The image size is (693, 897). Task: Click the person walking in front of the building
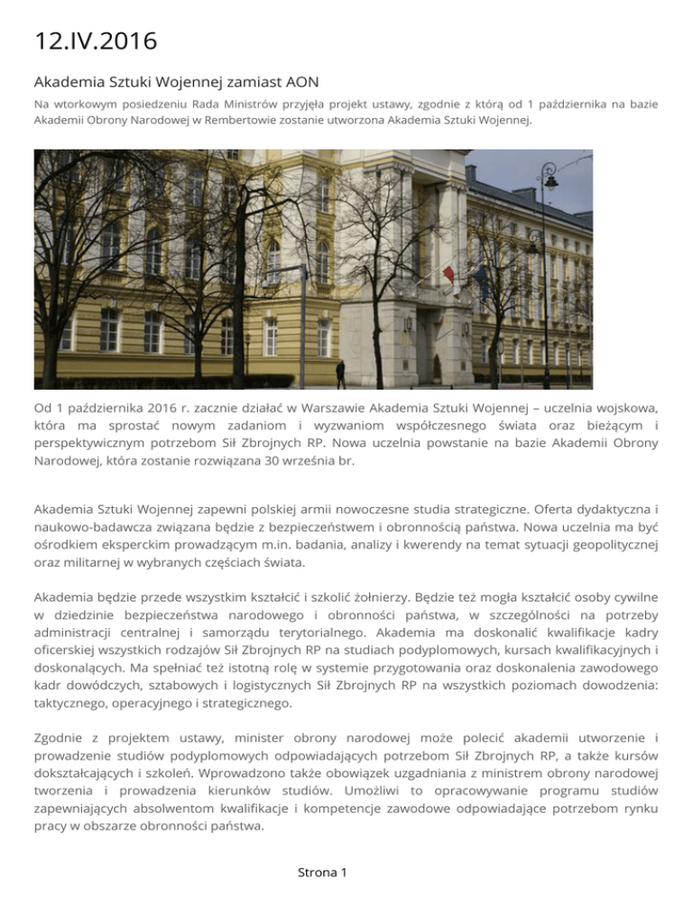(339, 372)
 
